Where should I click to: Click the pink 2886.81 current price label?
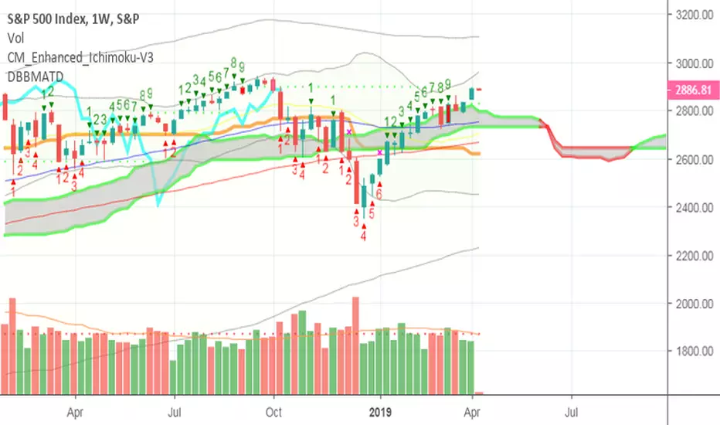point(693,90)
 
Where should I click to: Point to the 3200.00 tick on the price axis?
point(695,15)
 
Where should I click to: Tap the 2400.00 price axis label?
point(695,207)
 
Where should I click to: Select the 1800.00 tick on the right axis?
point(695,352)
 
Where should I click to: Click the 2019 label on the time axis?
point(380,412)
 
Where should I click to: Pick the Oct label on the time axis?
point(273,412)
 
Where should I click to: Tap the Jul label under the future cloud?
point(571,412)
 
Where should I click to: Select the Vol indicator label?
point(15,38)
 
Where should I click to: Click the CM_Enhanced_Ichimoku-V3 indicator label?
point(80,57)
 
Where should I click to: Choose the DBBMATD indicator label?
point(36,76)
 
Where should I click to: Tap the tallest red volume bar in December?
point(355,345)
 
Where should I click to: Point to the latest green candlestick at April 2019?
point(471,94)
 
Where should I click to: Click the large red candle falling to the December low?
point(356,182)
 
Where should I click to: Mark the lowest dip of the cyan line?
point(158,206)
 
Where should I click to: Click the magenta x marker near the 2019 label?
point(380,152)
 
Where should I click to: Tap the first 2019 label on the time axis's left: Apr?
point(75,412)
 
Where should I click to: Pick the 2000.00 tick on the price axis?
point(695,303)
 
